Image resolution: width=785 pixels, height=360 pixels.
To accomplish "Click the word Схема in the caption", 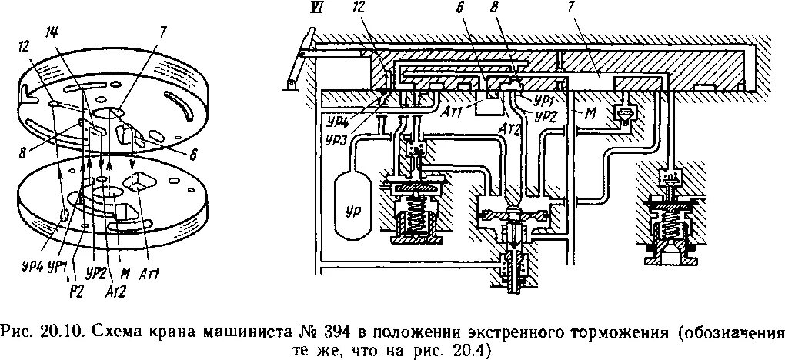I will click(115, 332).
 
